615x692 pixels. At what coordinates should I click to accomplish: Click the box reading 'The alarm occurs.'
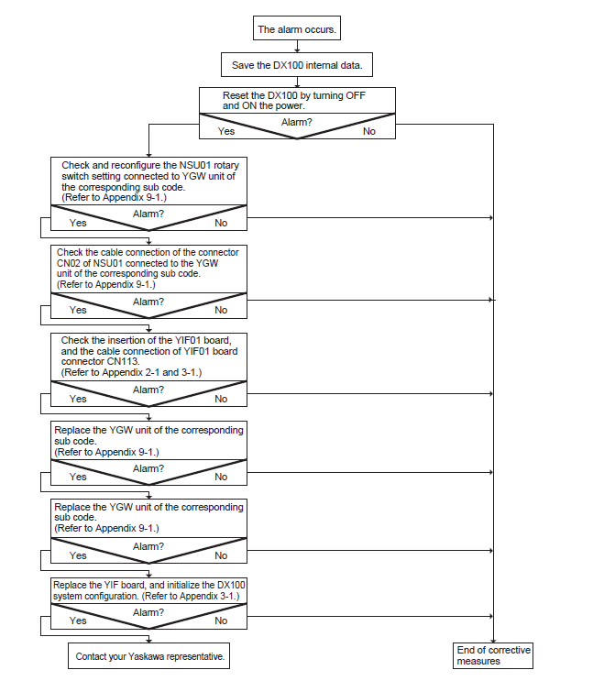click(x=297, y=28)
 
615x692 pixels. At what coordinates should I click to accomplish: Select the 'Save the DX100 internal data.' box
click(x=297, y=65)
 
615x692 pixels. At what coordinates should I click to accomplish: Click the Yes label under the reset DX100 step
click(x=226, y=131)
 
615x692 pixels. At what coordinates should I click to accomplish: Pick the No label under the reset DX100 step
click(x=369, y=131)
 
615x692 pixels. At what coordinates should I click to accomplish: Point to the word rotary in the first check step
click(x=226, y=165)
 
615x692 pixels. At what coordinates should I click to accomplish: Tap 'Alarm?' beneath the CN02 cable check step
click(x=148, y=302)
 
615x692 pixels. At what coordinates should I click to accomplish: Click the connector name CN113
click(x=123, y=361)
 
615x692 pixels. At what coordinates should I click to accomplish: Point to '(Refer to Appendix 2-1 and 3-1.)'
click(x=131, y=372)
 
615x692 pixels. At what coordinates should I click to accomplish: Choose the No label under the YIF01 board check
click(x=221, y=399)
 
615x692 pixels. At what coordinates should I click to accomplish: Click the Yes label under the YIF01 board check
click(x=78, y=399)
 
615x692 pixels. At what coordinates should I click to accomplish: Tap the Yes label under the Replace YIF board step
click(x=78, y=621)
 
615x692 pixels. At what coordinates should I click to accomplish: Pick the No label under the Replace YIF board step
click(x=221, y=621)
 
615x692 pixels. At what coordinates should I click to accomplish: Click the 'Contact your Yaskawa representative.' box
click(x=149, y=656)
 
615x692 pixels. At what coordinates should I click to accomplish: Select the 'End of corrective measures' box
click(x=493, y=656)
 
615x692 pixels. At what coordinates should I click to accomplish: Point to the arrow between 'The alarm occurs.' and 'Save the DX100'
click(x=297, y=47)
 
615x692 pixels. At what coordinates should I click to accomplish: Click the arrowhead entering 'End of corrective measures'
click(x=493, y=641)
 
